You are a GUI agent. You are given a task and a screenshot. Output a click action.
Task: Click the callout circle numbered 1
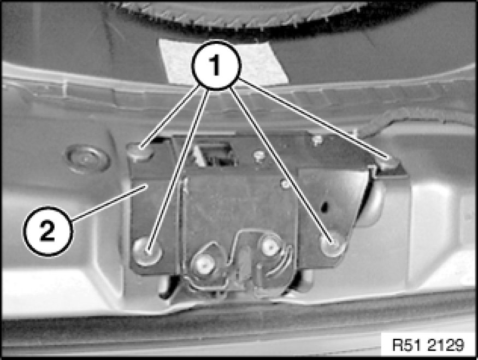tap(216, 65)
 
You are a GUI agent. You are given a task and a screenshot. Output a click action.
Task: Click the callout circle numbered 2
tap(48, 231)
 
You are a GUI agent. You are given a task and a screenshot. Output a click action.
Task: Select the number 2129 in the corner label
tap(446, 345)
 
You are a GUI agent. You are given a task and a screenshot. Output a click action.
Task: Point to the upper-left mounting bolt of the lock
tap(140, 150)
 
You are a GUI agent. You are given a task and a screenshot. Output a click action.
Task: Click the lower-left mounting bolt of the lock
tap(147, 251)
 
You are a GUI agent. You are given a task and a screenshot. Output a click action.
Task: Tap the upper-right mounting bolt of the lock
tap(387, 162)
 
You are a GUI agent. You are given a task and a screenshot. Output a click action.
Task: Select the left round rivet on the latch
tap(203, 264)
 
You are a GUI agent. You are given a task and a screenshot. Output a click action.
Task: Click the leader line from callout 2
tap(110, 203)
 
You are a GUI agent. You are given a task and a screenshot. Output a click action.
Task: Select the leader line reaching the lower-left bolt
tap(178, 170)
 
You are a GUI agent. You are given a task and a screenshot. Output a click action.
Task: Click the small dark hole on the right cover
tap(325, 206)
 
